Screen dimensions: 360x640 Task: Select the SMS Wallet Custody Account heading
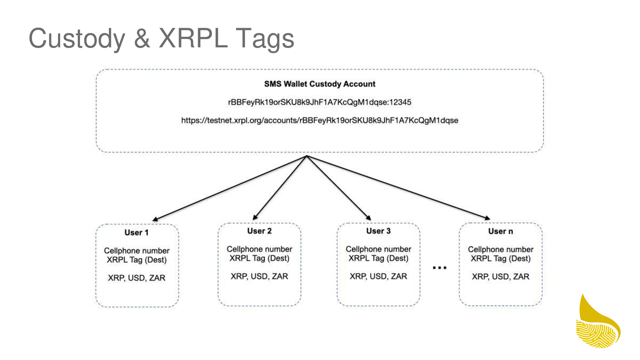pos(320,84)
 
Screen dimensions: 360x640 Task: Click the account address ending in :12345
pos(320,102)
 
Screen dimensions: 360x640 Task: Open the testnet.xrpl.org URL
pos(320,121)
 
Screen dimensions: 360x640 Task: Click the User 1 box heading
pos(137,233)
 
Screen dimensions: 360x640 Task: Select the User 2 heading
pos(259,231)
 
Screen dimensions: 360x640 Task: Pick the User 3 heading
pos(378,231)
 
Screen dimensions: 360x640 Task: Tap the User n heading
pos(500,231)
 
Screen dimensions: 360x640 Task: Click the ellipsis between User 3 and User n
pos(439,268)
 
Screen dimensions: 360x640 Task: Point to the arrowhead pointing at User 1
pos(156,220)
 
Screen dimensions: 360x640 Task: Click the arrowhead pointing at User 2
pos(255,218)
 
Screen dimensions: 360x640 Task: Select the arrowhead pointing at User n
pos(487,218)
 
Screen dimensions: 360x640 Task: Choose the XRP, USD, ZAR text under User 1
pos(137,278)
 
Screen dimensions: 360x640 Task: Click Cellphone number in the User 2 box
pos(259,249)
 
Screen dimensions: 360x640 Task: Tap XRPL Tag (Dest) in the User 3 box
pos(378,258)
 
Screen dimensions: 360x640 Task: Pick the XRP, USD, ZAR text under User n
pos(500,276)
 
